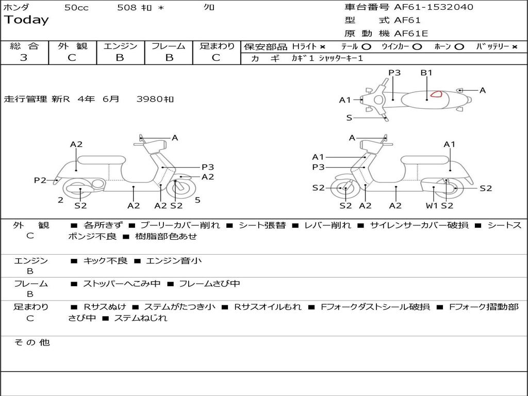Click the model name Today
[x=26, y=20]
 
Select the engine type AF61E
[x=411, y=34]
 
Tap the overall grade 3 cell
[x=24, y=58]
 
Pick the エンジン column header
[x=120, y=46]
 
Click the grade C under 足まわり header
[x=216, y=58]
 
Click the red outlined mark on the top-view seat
[x=437, y=94]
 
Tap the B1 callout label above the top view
[x=426, y=73]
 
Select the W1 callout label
[x=432, y=206]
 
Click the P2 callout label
[x=40, y=180]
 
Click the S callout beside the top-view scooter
[x=349, y=118]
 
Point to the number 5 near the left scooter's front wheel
[x=197, y=200]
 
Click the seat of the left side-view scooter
[x=101, y=159]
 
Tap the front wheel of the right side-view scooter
[x=345, y=189]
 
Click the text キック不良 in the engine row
[x=105, y=261]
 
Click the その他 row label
[x=32, y=342]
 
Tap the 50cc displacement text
[x=76, y=7]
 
